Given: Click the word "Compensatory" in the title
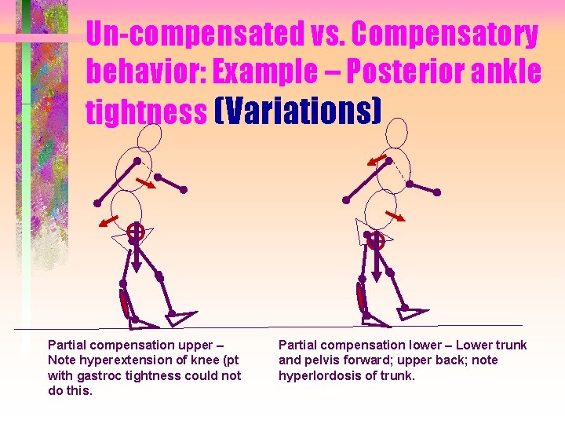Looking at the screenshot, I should [x=444, y=35].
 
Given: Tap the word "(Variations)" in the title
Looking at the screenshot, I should [x=297, y=112].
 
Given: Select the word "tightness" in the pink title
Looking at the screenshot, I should [x=146, y=112].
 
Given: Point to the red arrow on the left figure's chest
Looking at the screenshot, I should [x=144, y=183].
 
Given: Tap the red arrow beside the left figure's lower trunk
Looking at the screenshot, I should [x=109, y=219].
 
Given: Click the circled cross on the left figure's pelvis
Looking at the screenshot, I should [x=136, y=232].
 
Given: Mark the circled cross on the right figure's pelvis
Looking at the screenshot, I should [x=377, y=240].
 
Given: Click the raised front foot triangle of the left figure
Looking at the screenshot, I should [x=183, y=317].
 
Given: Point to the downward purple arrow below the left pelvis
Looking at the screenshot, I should [x=136, y=255].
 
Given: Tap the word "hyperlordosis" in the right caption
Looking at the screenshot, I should [x=315, y=375].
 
